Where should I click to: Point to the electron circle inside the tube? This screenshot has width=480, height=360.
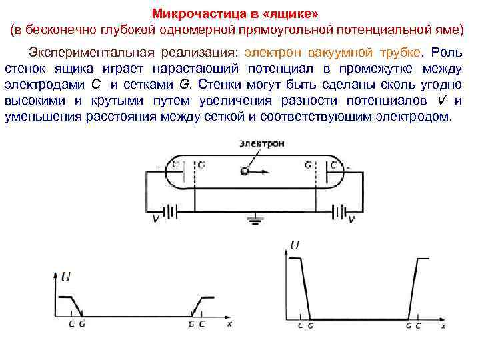pos(245,171)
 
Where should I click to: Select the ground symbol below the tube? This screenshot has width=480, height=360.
pos(254,218)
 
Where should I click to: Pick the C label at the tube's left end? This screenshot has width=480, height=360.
pos(175,163)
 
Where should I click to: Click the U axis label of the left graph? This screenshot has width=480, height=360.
pos(65,277)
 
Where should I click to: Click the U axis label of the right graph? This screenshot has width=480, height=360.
pos(295,245)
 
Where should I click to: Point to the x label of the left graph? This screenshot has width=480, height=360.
pos(229,325)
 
